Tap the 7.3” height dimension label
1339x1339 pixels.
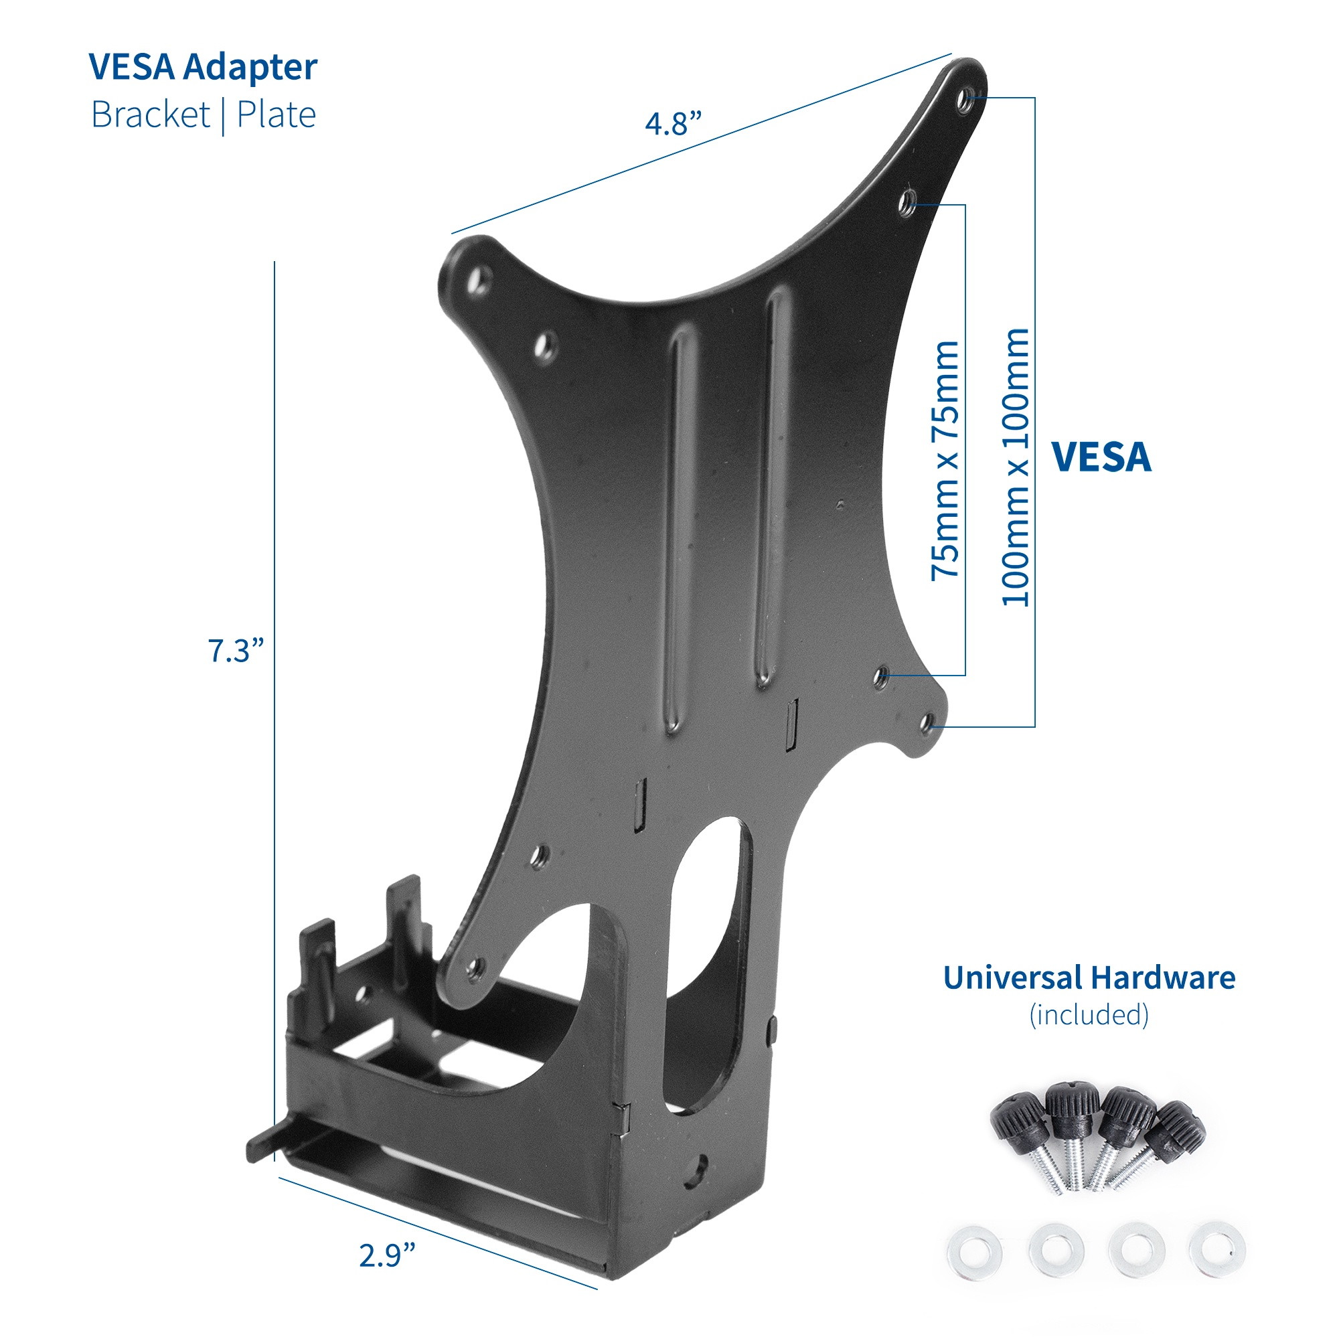236,651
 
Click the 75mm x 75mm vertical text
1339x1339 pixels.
945,460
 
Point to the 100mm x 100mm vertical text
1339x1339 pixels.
1016,468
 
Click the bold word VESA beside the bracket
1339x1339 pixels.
1101,457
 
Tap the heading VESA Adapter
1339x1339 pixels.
203,67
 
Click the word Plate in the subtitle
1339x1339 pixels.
276,115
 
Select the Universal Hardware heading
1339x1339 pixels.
1089,978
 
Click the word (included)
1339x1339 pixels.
1089,1015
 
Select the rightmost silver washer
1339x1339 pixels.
1217,1249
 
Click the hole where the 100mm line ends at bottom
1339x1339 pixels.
926,725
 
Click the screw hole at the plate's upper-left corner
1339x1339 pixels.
476,279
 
